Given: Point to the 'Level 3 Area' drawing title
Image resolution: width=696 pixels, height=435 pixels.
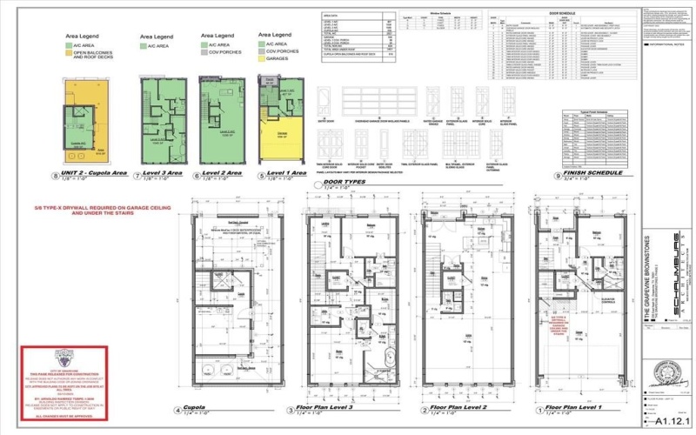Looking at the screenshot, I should [x=162, y=174].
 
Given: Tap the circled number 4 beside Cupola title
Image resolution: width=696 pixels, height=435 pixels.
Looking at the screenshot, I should [x=179, y=410].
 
